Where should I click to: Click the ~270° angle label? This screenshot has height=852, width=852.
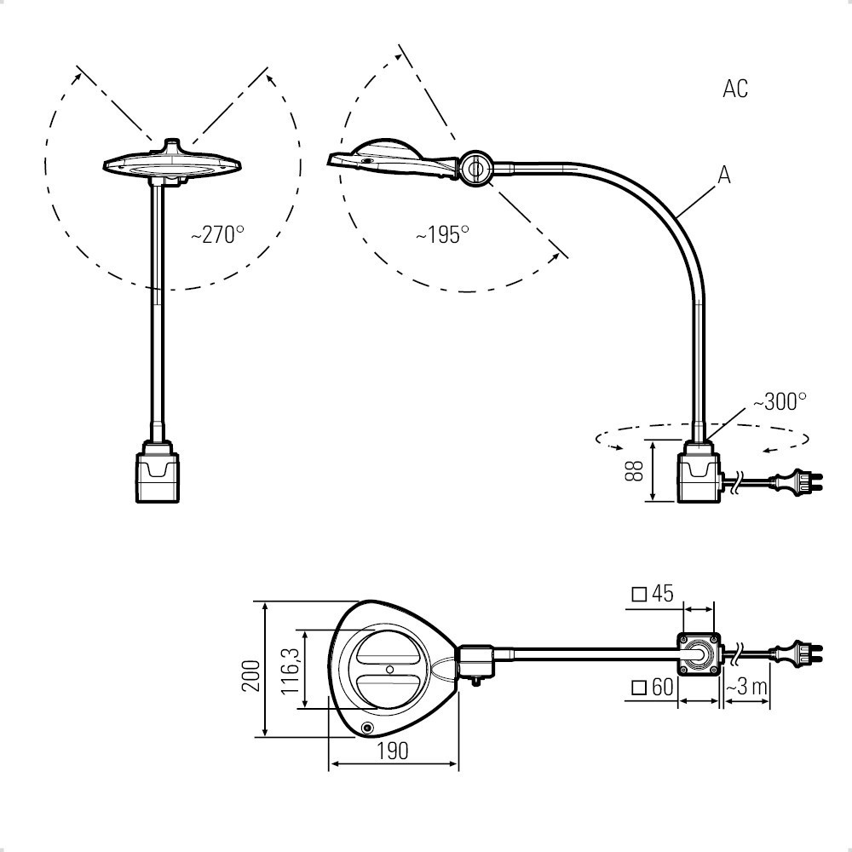pyautogui.click(x=217, y=235)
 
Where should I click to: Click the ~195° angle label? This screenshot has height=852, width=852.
pyautogui.click(x=442, y=235)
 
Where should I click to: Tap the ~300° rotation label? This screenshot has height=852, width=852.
pyautogui.click(x=780, y=402)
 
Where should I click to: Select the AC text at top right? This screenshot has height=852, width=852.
pyautogui.click(x=735, y=89)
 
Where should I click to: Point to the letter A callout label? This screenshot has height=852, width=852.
pyautogui.click(x=724, y=175)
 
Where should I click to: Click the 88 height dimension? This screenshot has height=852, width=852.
pyautogui.click(x=634, y=470)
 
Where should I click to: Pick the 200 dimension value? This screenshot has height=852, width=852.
pyautogui.click(x=251, y=676)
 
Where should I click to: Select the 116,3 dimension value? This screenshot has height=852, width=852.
pyautogui.click(x=291, y=671)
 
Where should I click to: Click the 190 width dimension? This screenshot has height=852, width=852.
pyautogui.click(x=392, y=751)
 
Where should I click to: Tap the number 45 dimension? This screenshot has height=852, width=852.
pyautogui.click(x=662, y=593)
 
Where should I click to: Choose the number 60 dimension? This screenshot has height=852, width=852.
pyautogui.click(x=662, y=688)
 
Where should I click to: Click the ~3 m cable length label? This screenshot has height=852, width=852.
pyautogui.click(x=746, y=688)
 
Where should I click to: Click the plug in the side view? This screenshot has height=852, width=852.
pyautogui.click(x=799, y=481)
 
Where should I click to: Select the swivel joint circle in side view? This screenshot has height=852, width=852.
pyautogui.click(x=476, y=169)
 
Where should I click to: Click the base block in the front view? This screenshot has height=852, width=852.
pyautogui.click(x=157, y=471)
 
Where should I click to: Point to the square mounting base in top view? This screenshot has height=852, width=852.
pyautogui.click(x=699, y=653)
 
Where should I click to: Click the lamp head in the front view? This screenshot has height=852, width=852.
pyautogui.click(x=172, y=163)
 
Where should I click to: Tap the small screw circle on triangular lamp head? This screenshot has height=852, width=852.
pyautogui.click(x=367, y=728)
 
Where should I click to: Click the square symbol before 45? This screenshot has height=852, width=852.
pyautogui.click(x=640, y=595)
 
